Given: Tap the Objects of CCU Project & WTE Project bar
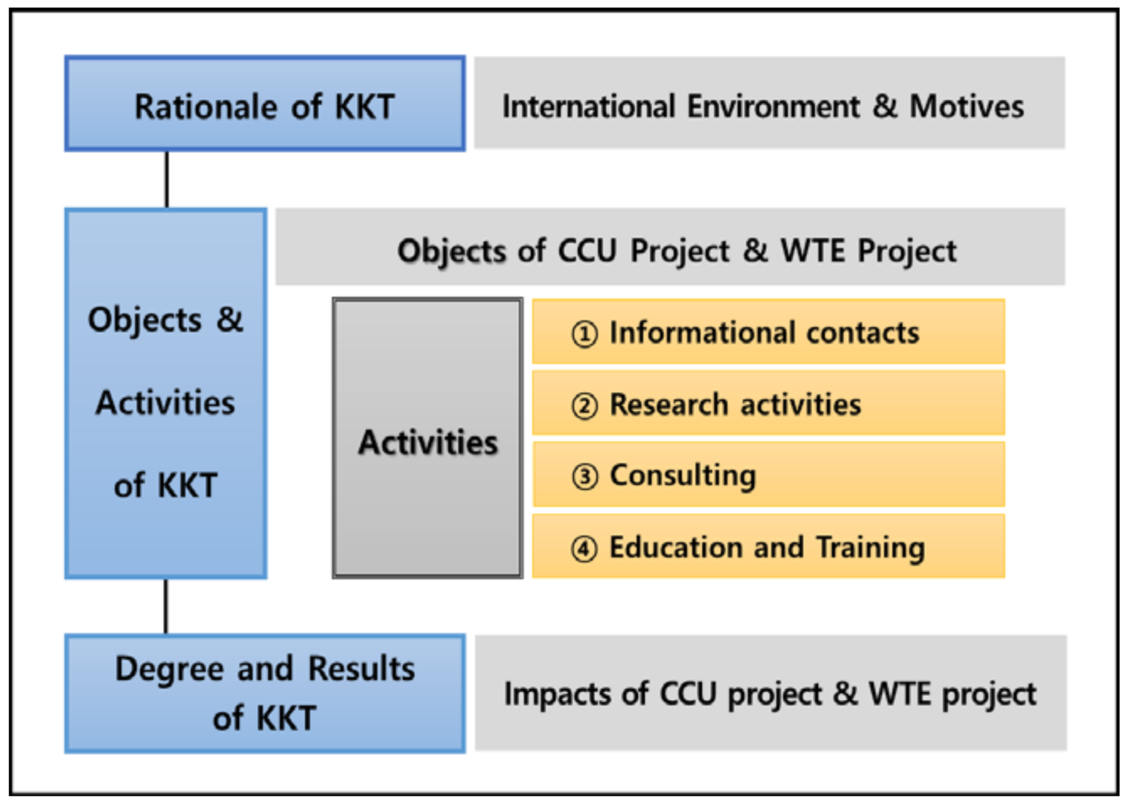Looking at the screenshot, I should [670, 247].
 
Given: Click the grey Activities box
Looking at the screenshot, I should [427, 438].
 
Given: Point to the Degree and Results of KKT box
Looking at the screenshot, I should [265, 693].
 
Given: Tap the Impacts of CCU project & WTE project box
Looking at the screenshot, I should [770, 693].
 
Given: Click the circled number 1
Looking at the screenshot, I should [585, 333].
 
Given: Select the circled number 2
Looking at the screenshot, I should [585, 406].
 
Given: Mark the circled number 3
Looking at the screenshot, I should [585, 477].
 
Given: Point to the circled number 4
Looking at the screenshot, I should [585, 549].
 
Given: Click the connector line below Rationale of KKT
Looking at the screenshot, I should [166, 179].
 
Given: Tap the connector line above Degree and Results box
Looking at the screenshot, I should [165, 606].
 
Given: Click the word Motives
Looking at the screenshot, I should [966, 107].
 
